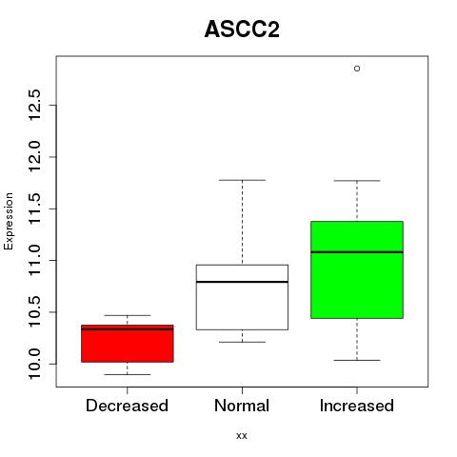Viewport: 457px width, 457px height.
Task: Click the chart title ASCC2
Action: (x=242, y=30)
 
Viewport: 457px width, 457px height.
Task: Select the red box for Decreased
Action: (x=128, y=344)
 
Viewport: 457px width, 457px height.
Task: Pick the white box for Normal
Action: (x=242, y=297)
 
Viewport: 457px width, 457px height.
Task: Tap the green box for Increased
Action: (x=357, y=269)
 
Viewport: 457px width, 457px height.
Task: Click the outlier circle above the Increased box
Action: (x=357, y=69)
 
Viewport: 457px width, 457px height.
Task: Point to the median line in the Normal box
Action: (x=242, y=282)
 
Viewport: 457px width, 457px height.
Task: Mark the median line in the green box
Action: (x=357, y=252)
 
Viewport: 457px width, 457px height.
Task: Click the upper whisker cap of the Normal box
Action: (x=242, y=180)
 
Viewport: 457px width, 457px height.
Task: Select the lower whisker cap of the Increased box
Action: (x=357, y=360)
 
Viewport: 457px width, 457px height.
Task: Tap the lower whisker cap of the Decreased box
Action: (x=128, y=374)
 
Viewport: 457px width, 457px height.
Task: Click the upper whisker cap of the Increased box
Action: (x=357, y=181)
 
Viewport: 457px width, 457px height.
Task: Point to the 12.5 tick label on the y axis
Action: (x=34, y=105)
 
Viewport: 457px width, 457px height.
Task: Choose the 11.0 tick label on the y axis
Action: (x=34, y=260)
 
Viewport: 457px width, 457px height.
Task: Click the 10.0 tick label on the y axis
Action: (x=34, y=364)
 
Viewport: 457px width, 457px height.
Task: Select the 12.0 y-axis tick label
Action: (x=34, y=157)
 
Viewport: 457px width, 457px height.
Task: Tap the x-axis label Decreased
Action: (x=127, y=406)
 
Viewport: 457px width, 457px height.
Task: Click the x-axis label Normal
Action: (x=242, y=406)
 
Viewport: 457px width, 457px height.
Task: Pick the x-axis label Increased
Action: (x=357, y=406)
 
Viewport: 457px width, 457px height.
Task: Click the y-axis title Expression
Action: (x=9, y=222)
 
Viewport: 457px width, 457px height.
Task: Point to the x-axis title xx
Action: (x=242, y=436)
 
